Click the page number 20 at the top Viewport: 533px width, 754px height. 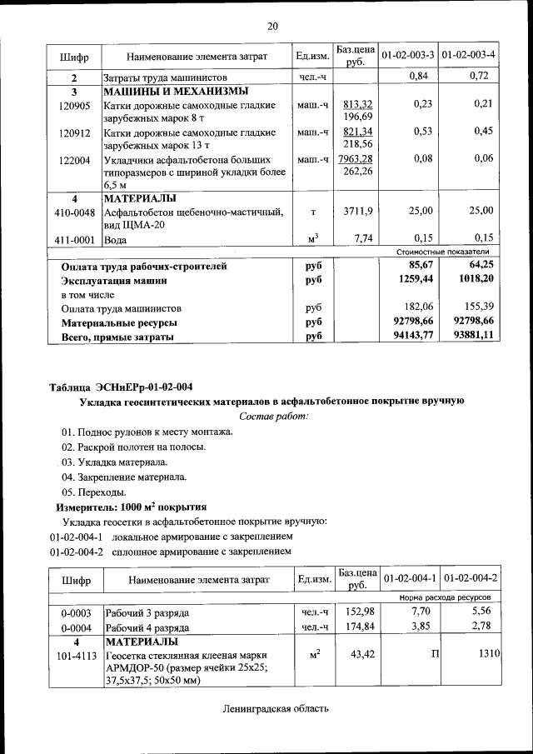click(x=271, y=26)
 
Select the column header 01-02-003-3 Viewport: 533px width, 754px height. click(x=408, y=55)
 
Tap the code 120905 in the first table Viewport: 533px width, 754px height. click(x=74, y=105)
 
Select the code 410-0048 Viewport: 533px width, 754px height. click(x=74, y=212)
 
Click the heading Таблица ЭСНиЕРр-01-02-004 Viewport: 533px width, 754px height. click(x=121, y=387)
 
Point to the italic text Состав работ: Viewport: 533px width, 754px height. click(x=273, y=415)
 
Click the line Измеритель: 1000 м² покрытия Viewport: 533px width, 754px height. click(x=131, y=507)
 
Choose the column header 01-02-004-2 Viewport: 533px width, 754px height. click(x=471, y=578)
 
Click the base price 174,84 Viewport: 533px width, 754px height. click(x=360, y=627)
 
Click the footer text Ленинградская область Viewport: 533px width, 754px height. click(x=276, y=709)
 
